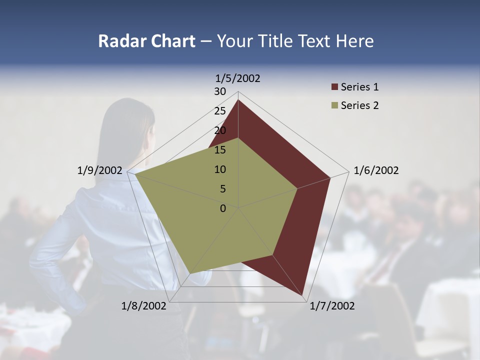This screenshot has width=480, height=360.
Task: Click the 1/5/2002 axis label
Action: point(237,78)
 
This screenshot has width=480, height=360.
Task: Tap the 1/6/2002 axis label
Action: point(376,170)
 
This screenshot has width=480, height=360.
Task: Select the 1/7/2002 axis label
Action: point(332,305)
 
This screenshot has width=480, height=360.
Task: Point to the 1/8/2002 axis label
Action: point(143,305)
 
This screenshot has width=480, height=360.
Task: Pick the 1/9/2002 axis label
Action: point(100,170)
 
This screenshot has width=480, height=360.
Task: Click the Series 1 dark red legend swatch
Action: point(334,87)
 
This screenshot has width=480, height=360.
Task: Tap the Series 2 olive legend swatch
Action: point(334,105)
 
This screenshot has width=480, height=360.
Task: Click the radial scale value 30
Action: point(220,91)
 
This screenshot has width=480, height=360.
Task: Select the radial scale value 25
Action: point(220,111)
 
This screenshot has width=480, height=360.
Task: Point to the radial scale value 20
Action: point(220,130)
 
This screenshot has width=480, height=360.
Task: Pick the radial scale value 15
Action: point(220,150)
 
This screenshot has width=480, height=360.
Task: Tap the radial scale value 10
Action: point(220,169)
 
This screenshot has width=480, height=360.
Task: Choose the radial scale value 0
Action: point(223,208)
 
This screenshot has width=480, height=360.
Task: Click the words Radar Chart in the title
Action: point(146,41)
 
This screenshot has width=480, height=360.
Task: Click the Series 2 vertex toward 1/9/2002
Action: point(135,174)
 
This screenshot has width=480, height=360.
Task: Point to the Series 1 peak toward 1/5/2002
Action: point(238,99)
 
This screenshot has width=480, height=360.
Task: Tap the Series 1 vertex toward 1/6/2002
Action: point(330,177)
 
